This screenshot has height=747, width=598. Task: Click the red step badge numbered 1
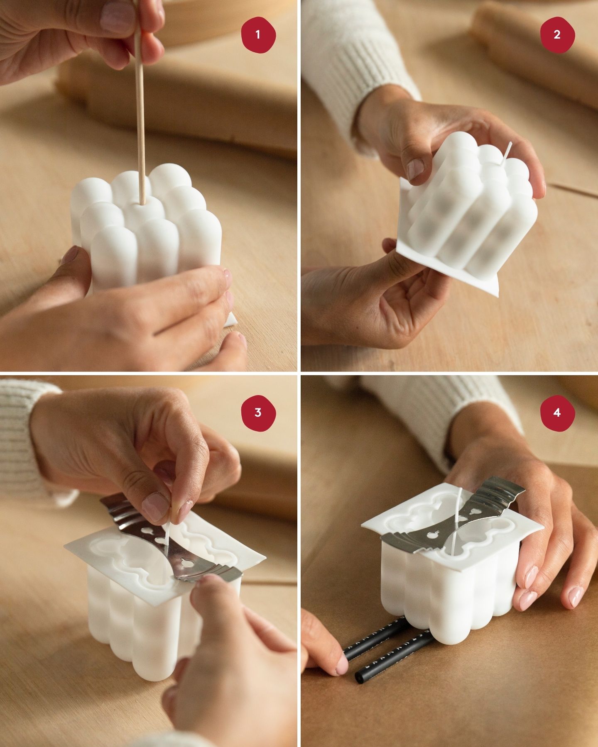[258, 34]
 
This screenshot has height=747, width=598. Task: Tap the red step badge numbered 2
[557, 34]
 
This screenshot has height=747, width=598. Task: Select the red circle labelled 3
[258, 413]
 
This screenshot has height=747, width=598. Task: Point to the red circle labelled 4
[557, 413]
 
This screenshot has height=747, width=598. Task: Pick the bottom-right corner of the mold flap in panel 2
[497, 295]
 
